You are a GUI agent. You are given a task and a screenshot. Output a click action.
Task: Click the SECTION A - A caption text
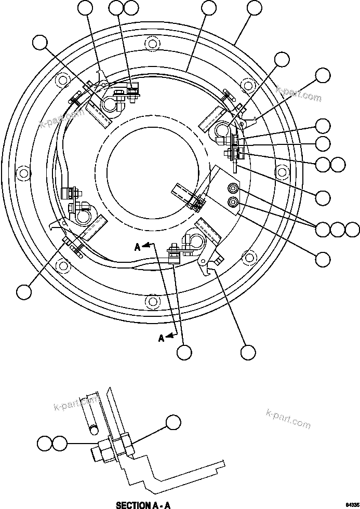point(143,504)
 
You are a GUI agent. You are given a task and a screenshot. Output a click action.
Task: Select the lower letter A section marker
point(162,338)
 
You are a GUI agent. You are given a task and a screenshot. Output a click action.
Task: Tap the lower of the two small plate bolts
point(232,201)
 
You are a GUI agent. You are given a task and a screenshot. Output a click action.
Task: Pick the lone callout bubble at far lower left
point(23,292)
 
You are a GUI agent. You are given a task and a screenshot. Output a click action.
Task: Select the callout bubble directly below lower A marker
point(184,352)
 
